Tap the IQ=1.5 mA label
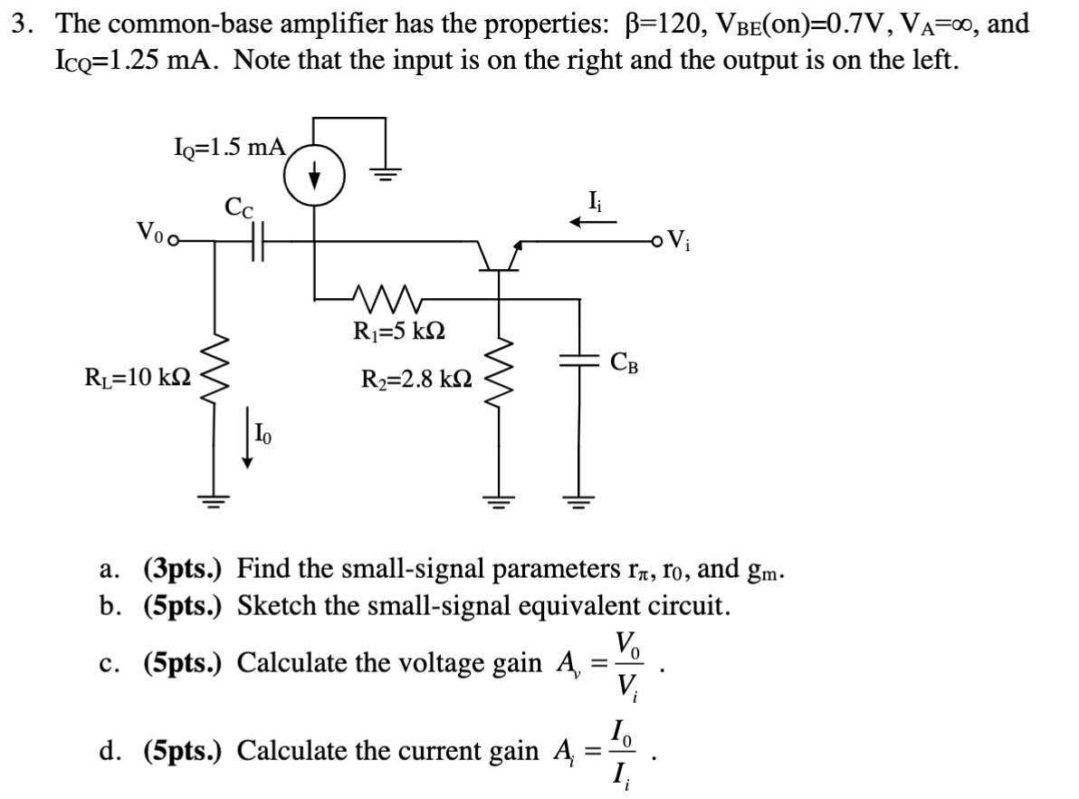[229, 147]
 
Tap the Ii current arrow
[593, 220]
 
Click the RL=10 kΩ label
[138, 376]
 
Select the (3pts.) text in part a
[186, 569]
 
